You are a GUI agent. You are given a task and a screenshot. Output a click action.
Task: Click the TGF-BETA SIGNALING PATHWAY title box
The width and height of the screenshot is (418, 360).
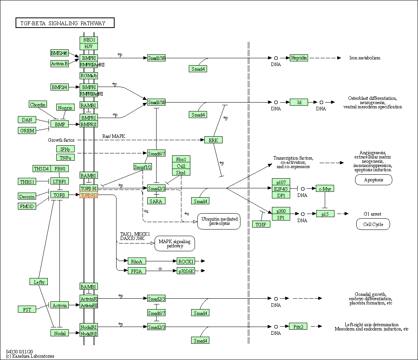click(x=65, y=23)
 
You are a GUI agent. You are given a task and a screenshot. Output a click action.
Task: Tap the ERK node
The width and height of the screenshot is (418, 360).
click(x=213, y=140)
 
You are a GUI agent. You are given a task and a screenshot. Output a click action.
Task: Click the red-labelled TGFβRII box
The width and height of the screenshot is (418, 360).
click(x=89, y=195)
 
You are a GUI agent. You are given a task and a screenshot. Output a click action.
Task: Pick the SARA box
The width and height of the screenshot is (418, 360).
click(x=157, y=201)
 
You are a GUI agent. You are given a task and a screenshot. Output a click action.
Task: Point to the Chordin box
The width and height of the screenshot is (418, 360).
click(x=38, y=104)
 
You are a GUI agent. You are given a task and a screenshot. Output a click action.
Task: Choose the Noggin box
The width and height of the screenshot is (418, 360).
click(x=65, y=108)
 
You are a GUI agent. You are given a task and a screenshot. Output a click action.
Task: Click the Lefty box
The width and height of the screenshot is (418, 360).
click(x=39, y=282)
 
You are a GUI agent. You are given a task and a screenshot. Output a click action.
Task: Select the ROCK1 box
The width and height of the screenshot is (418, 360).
click(x=186, y=261)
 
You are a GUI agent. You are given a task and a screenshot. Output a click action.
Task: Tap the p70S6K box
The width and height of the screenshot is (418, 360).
click(x=186, y=271)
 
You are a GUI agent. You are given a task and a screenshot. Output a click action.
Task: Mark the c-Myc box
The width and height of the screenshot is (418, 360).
click(x=325, y=189)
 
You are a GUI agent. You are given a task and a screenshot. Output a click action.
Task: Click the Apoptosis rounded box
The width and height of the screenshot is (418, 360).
click(x=373, y=180)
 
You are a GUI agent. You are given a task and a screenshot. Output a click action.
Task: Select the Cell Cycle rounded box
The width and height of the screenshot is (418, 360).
click(x=373, y=224)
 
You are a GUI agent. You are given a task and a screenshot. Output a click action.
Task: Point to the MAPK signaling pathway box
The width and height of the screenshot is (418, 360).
click(x=175, y=243)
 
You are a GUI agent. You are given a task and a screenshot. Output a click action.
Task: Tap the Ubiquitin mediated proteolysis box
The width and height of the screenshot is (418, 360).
click(x=219, y=221)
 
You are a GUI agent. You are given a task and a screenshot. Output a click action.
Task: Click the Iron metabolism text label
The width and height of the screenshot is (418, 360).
click(x=365, y=58)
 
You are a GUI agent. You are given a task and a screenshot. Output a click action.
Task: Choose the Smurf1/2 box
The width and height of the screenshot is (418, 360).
click(x=143, y=167)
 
